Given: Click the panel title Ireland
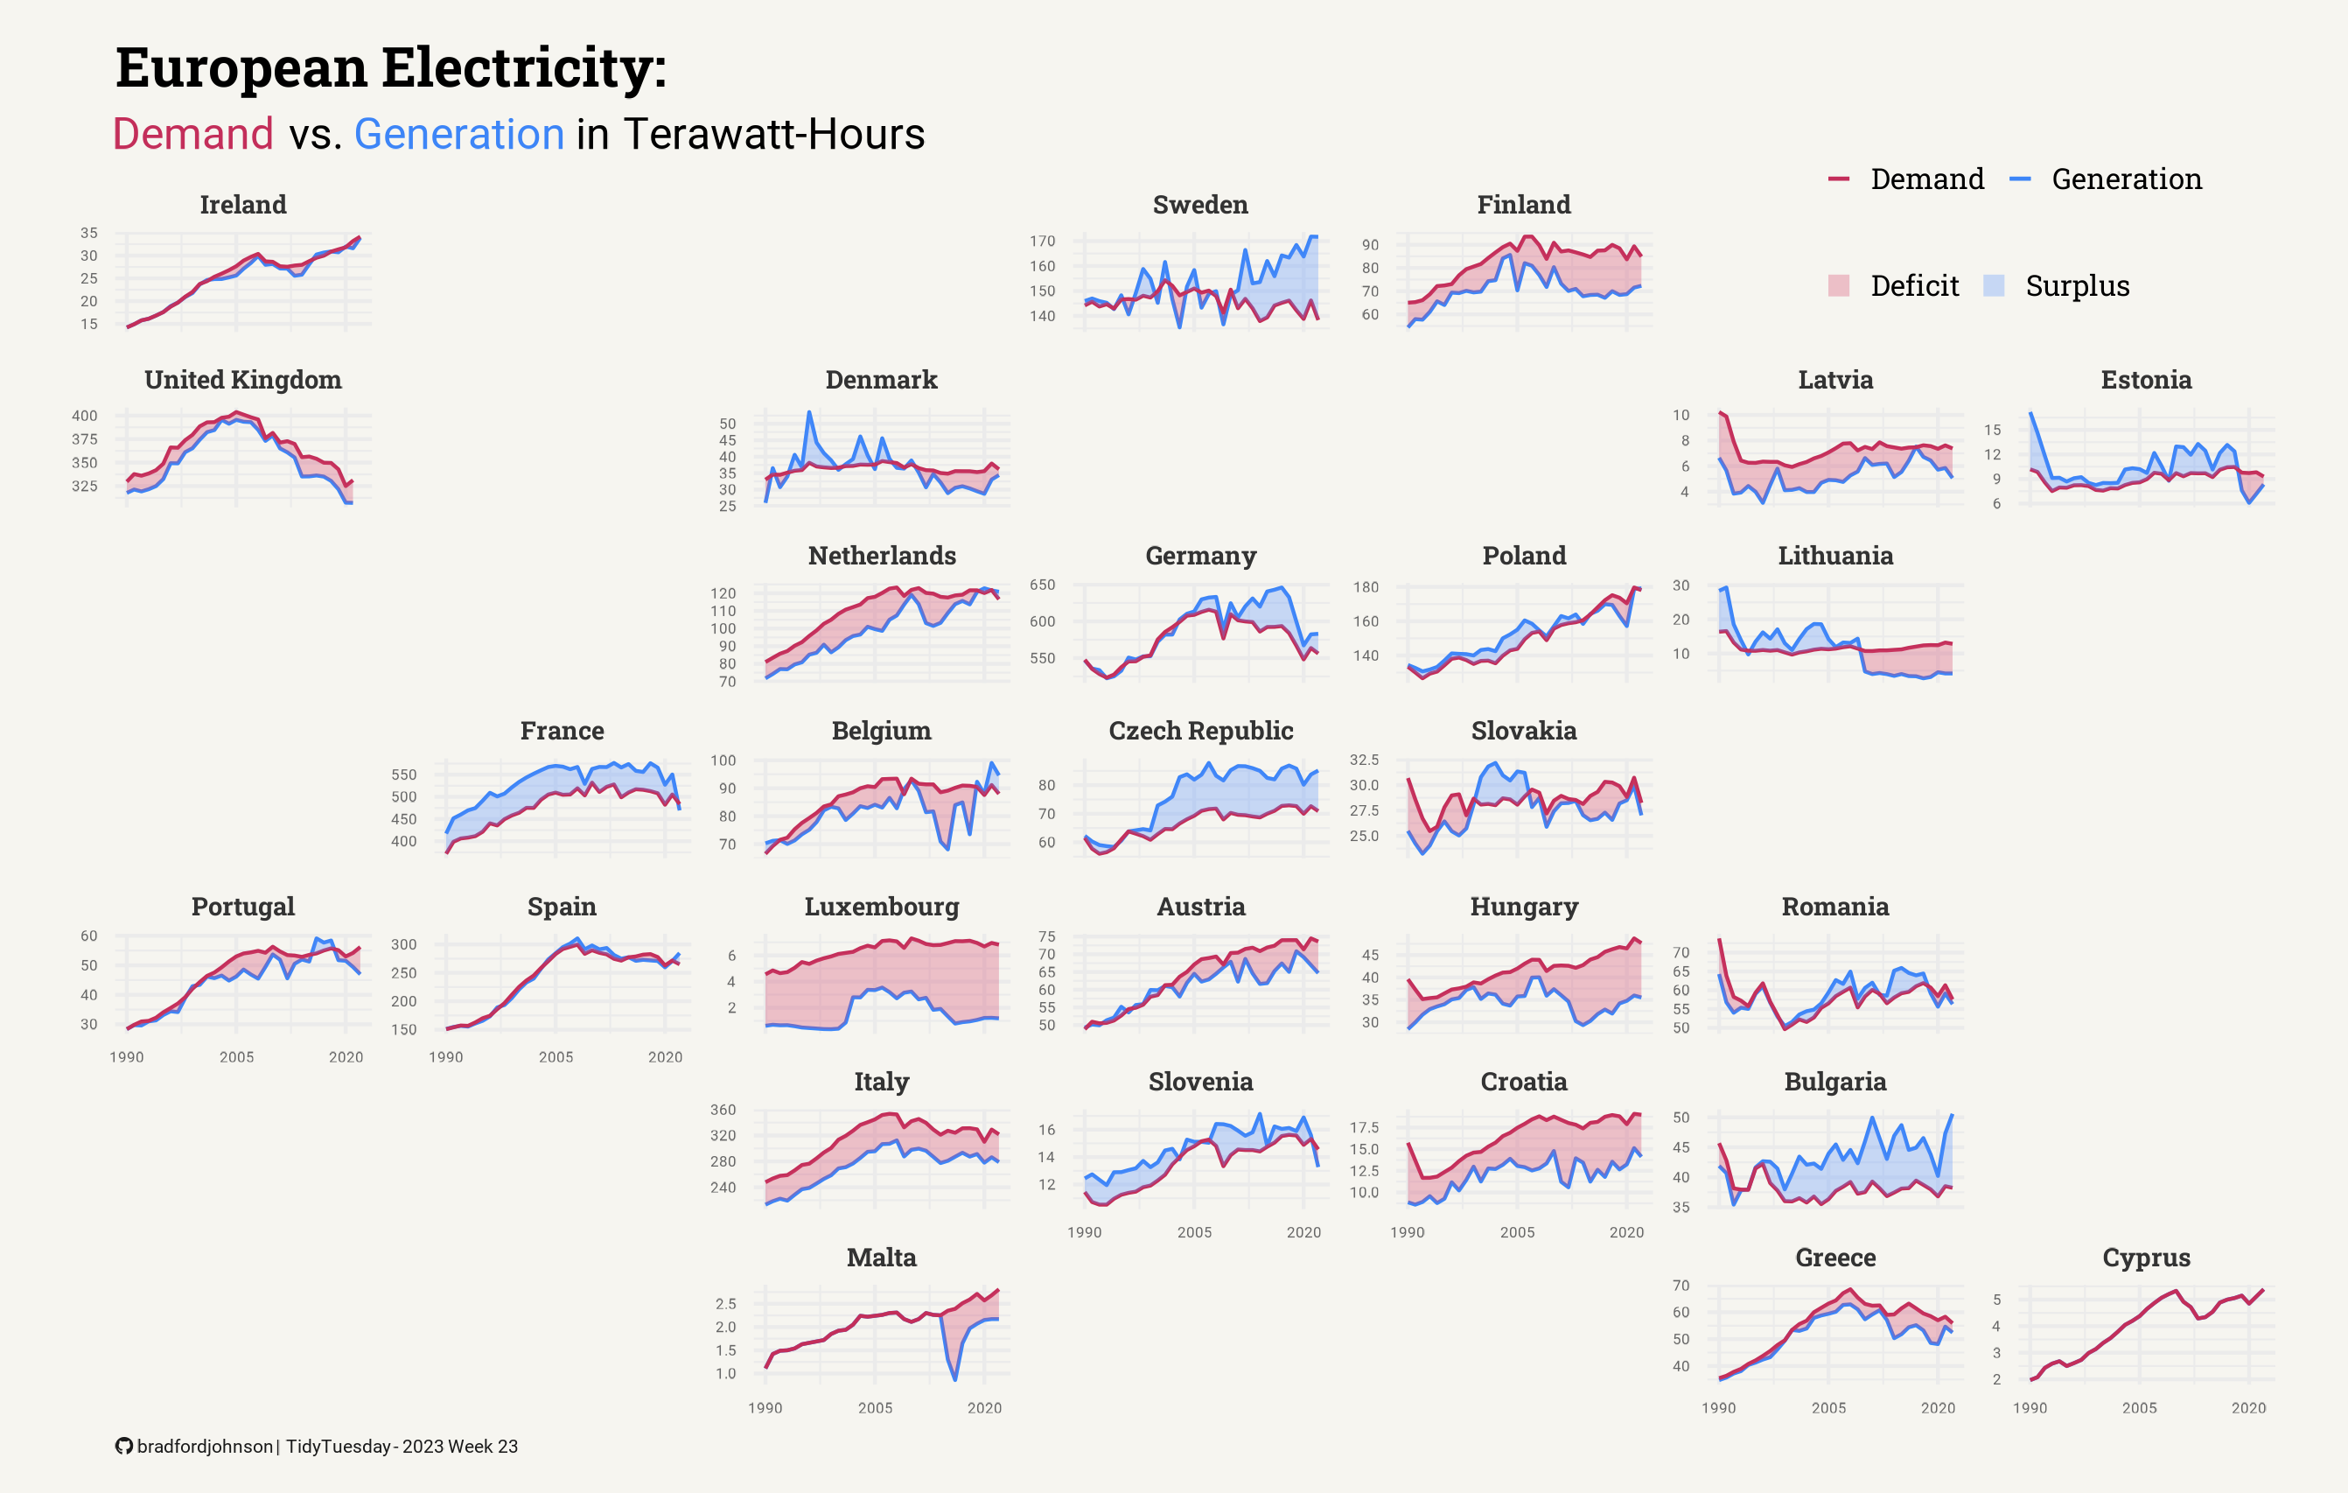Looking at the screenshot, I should click(x=243, y=205).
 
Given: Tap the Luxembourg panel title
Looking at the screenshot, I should click(x=882, y=907).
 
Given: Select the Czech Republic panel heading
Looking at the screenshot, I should click(x=1200, y=732).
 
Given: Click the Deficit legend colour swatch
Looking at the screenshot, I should click(x=1838, y=285).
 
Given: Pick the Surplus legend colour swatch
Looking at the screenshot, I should click(x=1994, y=285).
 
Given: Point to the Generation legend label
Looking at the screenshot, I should click(x=2126, y=179).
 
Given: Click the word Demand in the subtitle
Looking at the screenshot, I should click(x=193, y=135).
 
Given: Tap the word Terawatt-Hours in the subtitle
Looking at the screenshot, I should click(x=773, y=135).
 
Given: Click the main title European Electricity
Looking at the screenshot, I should click(x=391, y=68).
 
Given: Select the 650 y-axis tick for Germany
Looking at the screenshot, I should click(x=1043, y=585).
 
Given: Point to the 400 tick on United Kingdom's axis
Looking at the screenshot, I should click(x=85, y=416).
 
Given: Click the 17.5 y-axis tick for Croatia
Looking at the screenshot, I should click(x=1364, y=1127).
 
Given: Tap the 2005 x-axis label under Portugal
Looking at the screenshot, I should click(x=236, y=1057).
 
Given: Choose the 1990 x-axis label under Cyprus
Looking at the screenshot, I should click(x=2030, y=1408).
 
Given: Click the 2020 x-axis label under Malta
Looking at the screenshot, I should click(x=984, y=1408).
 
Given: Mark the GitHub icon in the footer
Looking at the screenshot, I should click(x=124, y=1447).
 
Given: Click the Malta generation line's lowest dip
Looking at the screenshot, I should click(x=954, y=1379).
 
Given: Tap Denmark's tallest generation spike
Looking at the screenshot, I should click(x=809, y=412).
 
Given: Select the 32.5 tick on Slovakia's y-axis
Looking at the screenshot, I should click(x=1364, y=760).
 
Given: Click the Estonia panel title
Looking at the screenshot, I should click(x=2145, y=381).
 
